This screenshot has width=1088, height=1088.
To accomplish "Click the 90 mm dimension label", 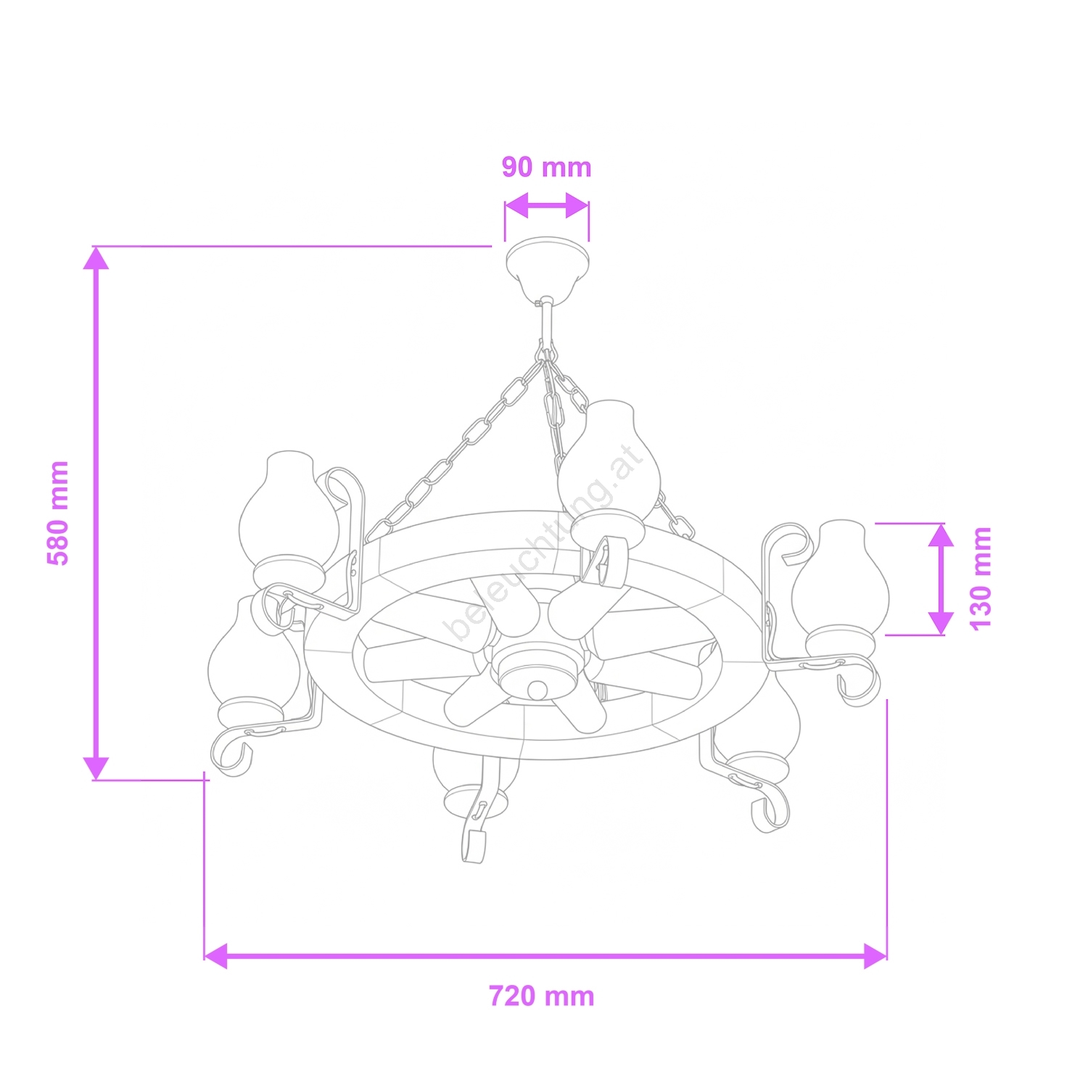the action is coord(547,167).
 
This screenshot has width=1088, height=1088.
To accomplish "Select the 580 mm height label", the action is coord(58,513).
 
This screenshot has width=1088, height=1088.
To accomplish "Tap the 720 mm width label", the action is coord(542,996).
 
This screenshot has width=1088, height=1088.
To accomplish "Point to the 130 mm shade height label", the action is coord(980,579).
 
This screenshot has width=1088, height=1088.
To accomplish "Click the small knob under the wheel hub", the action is coord(537,689).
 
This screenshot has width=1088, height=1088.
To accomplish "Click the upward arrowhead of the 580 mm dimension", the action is coord(96,258).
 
